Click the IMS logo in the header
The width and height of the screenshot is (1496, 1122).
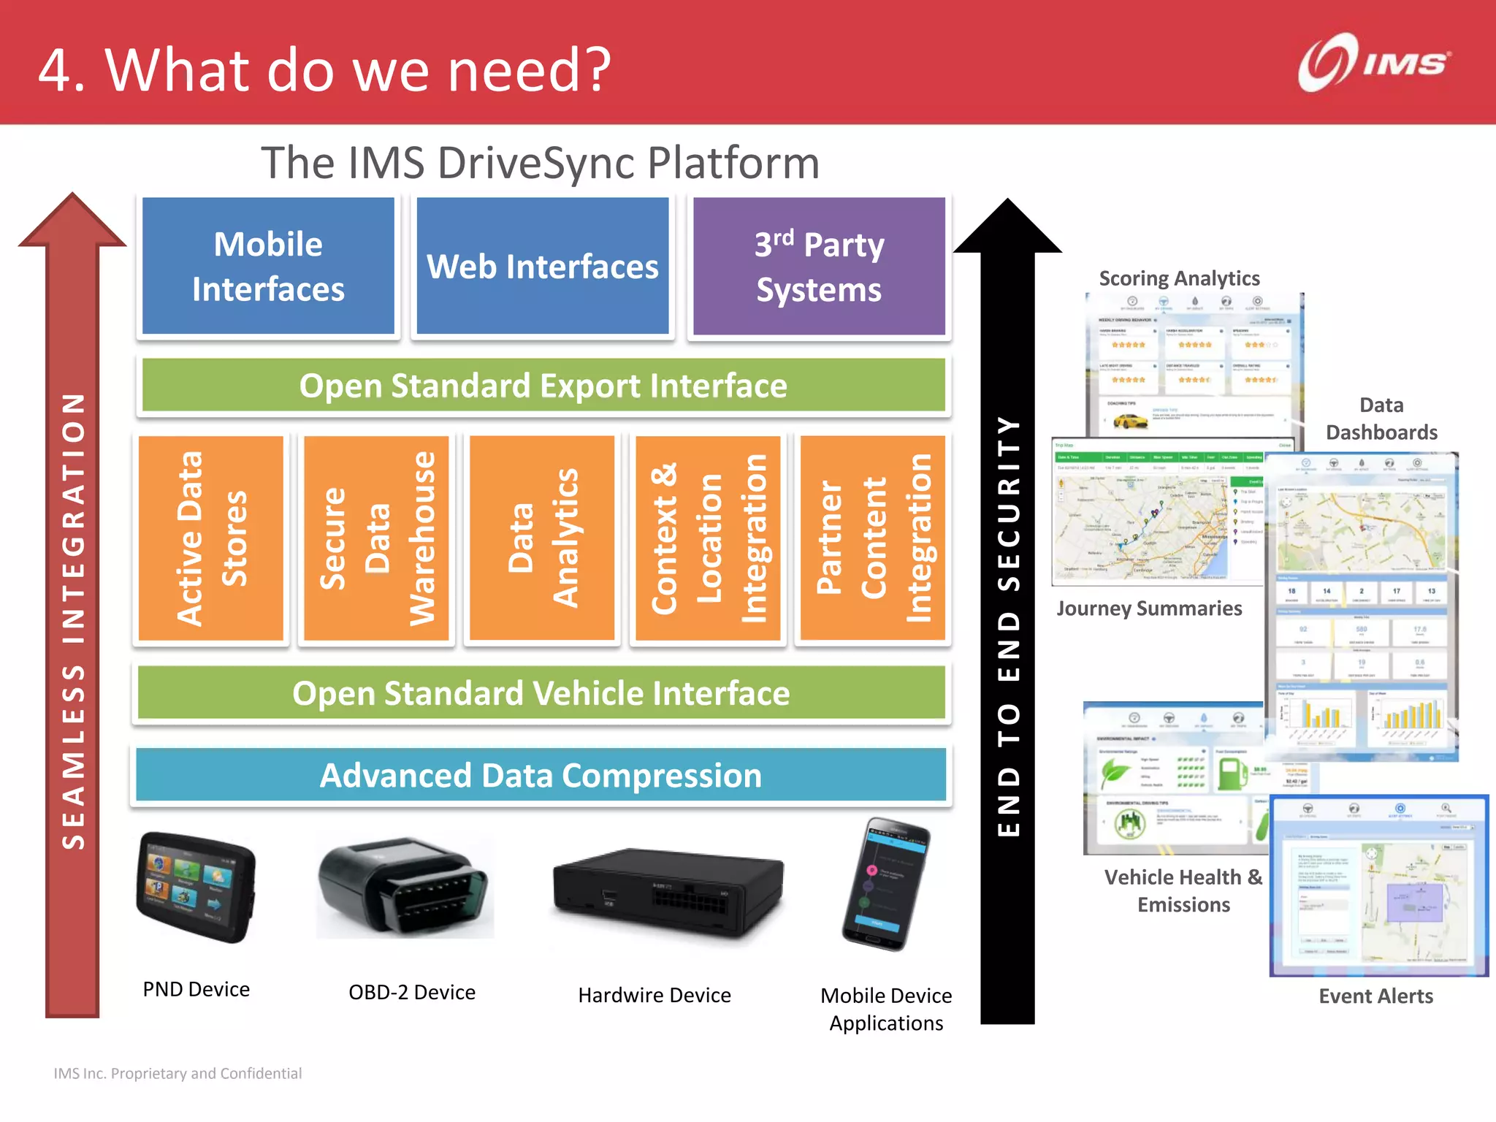(x=1373, y=64)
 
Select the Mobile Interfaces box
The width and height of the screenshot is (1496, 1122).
(x=268, y=266)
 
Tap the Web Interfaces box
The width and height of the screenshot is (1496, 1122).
(x=542, y=266)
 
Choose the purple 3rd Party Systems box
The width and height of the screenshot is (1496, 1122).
(x=819, y=266)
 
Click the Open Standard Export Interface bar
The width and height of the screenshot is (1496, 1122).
(x=543, y=385)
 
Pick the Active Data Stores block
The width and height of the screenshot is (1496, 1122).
(x=211, y=538)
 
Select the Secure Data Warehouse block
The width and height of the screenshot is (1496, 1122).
(x=376, y=538)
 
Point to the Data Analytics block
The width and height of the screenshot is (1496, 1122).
(x=542, y=538)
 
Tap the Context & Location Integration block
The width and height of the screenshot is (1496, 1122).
(x=708, y=538)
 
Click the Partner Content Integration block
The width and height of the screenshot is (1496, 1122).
(x=873, y=538)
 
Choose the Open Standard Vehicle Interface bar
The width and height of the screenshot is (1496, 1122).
(x=541, y=692)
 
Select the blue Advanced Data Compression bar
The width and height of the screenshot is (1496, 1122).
(x=541, y=775)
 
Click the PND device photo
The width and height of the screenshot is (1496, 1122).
(x=196, y=887)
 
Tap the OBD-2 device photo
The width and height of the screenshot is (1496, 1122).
(x=404, y=887)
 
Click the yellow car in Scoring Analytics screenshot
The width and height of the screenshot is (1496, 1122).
(x=1129, y=420)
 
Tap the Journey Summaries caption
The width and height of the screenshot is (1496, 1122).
(x=1149, y=608)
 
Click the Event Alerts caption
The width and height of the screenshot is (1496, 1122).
(x=1375, y=996)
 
